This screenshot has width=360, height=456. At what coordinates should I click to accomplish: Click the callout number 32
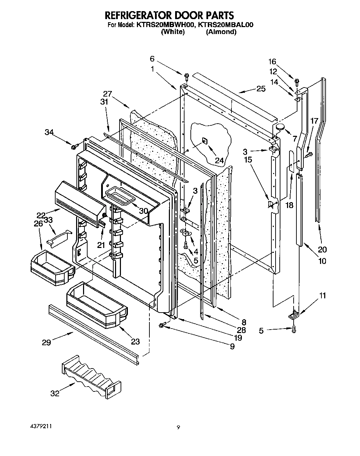55,393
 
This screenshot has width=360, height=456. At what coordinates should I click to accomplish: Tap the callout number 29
46,343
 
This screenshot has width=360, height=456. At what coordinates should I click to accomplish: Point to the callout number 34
50,132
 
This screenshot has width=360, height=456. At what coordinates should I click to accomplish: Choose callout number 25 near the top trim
261,89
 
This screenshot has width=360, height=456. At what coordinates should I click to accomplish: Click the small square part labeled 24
204,140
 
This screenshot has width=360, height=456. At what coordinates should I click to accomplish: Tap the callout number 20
322,249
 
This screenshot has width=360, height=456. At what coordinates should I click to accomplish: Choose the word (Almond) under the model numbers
221,32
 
